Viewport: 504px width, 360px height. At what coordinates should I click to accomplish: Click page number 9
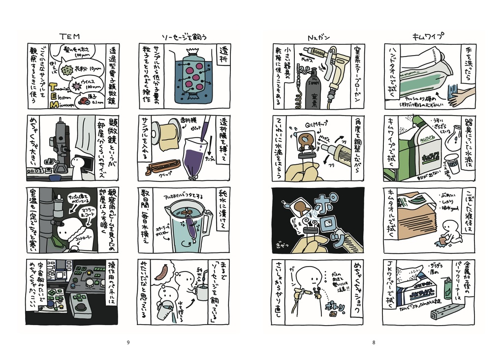128,342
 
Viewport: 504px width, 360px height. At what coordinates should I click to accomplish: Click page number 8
374,342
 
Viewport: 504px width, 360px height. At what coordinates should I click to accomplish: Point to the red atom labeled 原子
84,101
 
